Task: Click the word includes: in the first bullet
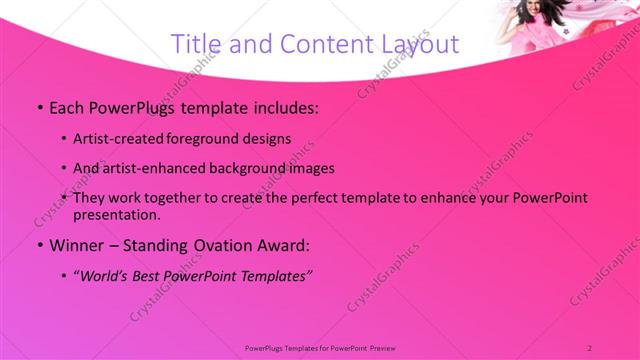[x=282, y=106]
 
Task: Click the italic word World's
[x=107, y=276]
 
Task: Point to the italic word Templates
[x=277, y=276]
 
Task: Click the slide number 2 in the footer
[x=590, y=346]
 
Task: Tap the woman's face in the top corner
[x=531, y=14]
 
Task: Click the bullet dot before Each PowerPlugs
[x=39, y=107]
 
